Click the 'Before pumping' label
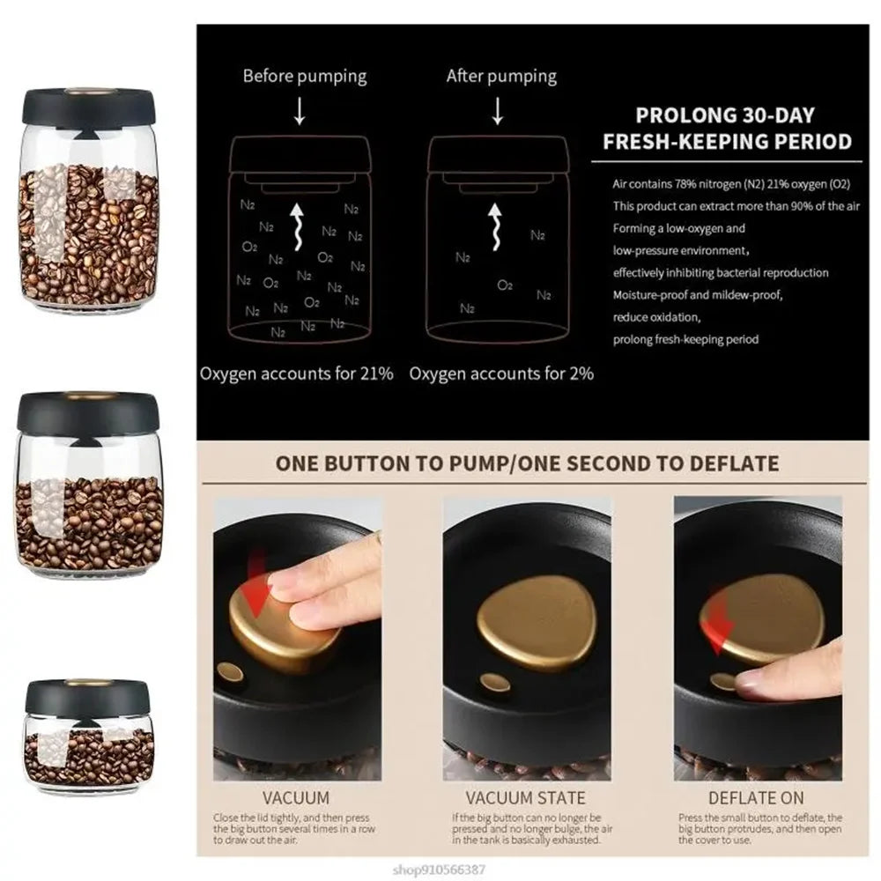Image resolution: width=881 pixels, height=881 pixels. pos(305,76)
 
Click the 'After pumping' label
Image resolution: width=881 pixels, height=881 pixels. pos(501,76)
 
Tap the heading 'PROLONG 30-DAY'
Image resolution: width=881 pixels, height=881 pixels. pos(725,115)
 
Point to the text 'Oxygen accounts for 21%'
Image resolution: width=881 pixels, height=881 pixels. pos(296,373)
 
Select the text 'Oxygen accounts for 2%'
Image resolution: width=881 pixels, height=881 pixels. pos(501,373)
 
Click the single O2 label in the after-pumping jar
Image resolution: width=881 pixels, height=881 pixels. pos(505,285)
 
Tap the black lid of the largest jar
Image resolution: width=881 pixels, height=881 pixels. pos(88,106)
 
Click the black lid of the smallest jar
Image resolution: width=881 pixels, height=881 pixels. pos(89,697)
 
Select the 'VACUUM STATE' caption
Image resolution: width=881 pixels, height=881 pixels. pos(525,798)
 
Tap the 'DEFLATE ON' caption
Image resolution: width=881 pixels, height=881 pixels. pos(757,798)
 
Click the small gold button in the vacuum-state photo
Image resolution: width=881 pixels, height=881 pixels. pos(495,682)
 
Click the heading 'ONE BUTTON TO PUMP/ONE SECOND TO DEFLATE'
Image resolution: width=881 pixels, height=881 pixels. pos(527,463)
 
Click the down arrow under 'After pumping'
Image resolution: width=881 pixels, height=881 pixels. pos(497,111)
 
